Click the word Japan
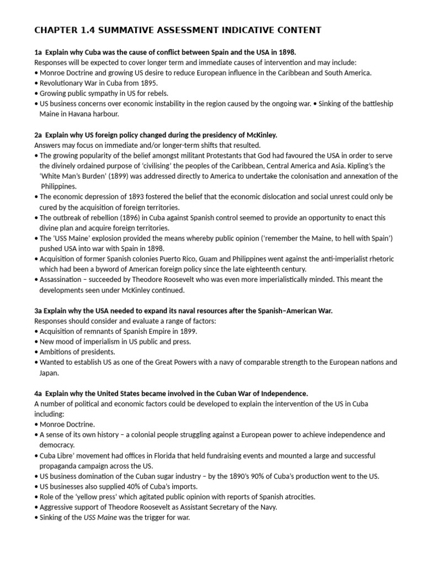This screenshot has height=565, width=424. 48,372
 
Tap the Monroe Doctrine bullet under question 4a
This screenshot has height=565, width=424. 66,424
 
